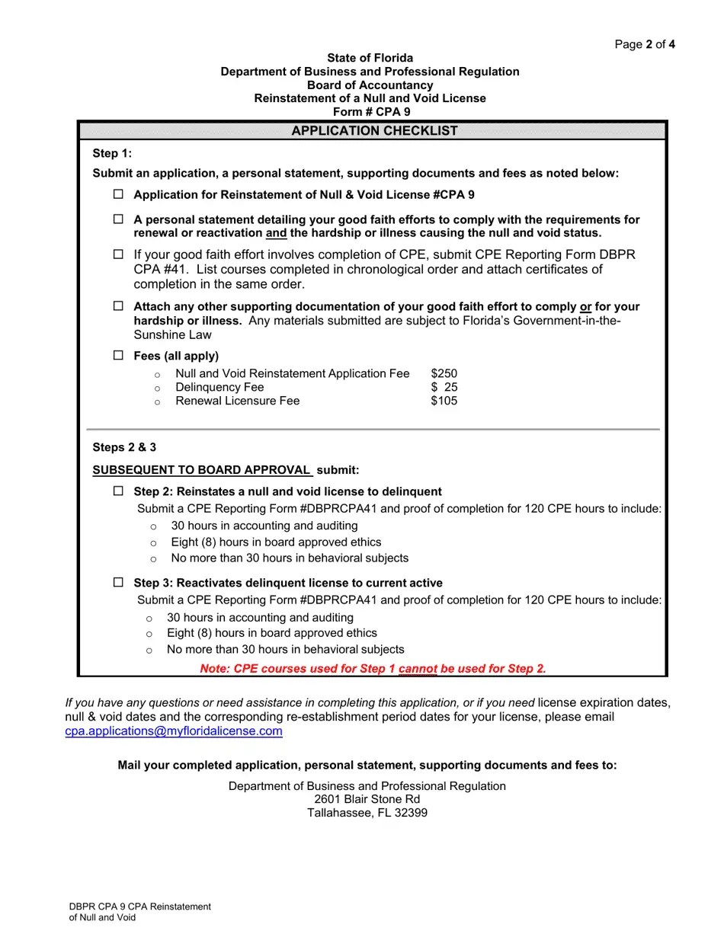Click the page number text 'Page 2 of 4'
coord(645,44)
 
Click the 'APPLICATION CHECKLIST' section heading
coord(374,131)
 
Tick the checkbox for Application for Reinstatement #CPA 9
coord(118,194)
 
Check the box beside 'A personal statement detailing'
coord(118,219)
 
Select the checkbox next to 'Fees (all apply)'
coord(118,356)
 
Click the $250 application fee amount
coord(444,373)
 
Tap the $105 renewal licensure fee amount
coord(444,401)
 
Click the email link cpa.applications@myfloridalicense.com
coord(174,731)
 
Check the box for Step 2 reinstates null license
coord(118,491)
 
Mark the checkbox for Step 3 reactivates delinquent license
coord(118,583)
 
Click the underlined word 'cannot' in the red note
coord(418,669)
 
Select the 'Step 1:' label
coord(112,153)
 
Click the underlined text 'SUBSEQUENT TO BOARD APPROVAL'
coord(202,470)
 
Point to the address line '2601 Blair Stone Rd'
coord(367,799)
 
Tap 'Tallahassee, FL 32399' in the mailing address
coord(367,813)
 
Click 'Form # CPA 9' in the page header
coord(370,112)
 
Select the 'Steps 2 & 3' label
coord(124,447)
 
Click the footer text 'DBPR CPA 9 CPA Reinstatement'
coord(139,907)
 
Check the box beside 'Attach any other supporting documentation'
coord(118,306)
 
